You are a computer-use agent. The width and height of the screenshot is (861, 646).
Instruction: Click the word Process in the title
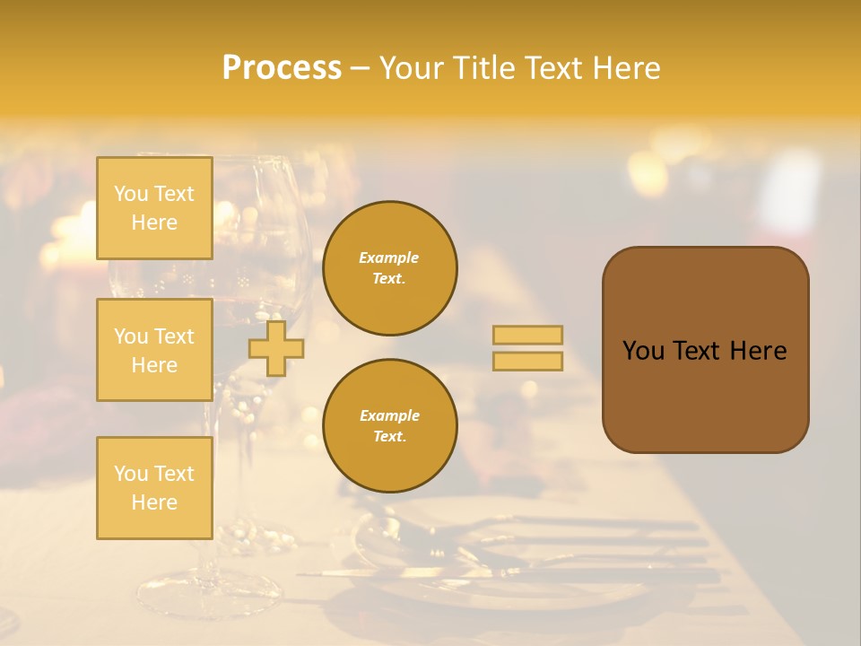point(282,68)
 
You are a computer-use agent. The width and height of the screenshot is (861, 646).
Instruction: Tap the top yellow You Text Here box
point(154,208)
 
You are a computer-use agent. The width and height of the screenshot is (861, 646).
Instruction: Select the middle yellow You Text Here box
point(154,350)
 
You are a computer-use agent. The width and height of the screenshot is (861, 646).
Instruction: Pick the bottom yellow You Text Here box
point(154,487)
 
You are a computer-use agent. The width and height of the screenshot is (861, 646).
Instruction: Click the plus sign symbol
point(276,348)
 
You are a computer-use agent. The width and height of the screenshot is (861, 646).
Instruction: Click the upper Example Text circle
point(390,267)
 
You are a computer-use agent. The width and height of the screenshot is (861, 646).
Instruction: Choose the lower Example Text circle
point(390,425)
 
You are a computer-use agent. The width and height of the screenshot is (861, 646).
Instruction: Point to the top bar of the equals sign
point(528,335)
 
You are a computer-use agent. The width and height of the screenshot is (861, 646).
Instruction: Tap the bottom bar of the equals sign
point(528,361)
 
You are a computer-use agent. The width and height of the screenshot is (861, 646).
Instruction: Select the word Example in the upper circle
point(389,258)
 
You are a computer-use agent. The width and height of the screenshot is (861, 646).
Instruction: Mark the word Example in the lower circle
point(389,415)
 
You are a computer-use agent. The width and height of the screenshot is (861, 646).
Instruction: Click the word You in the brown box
point(643,351)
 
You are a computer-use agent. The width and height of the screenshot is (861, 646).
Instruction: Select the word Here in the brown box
point(758,351)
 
